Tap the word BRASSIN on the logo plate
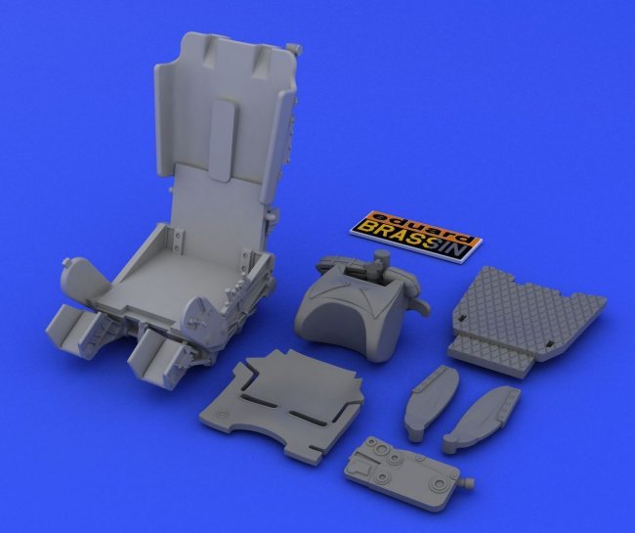(x=411, y=239)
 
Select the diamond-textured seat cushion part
(x=527, y=320)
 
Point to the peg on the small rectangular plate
(x=467, y=483)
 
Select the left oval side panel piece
(x=430, y=402)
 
